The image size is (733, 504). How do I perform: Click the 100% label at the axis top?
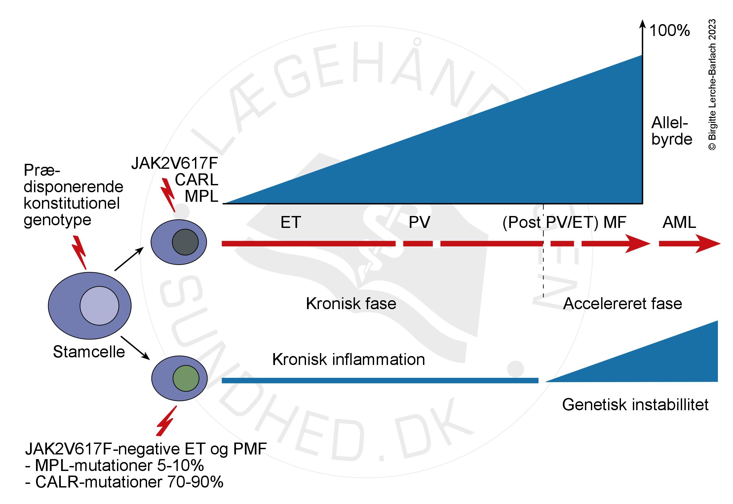[x=670, y=31]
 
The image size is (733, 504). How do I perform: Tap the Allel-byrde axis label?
[x=672, y=131]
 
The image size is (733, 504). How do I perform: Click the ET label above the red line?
[x=290, y=222]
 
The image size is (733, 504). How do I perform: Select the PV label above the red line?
[x=419, y=222]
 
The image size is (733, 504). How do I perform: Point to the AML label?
[x=679, y=222]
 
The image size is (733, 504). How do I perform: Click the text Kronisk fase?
[x=351, y=304]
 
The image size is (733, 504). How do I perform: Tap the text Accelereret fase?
[x=622, y=304]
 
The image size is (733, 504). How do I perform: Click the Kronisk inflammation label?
[x=348, y=359]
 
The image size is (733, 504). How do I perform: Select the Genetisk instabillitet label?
[x=635, y=405]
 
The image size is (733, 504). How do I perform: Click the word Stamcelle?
[x=89, y=352]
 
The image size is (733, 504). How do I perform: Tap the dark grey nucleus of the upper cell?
[x=185, y=242]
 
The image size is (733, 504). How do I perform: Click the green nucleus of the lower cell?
[x=186, y=378]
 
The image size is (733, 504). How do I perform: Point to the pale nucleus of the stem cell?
[x=99, y=306]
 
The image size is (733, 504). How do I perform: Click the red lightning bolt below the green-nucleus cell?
[x=166, y=421]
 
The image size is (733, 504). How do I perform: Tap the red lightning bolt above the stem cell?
[x=80, y=252]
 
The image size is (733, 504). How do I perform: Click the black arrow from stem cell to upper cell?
[x=129, y=259]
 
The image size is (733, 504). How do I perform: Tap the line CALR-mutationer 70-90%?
[x=124, y=482]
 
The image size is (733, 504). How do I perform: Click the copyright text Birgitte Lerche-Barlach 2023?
[x=712, y=85]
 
